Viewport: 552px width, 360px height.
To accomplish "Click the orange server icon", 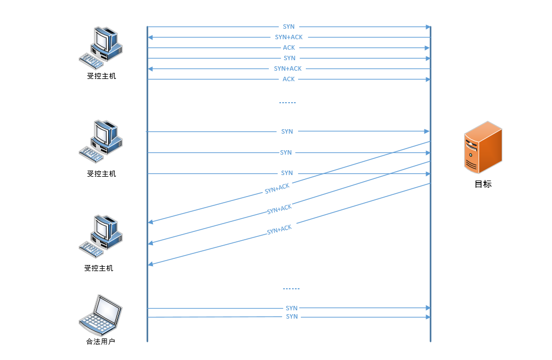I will click(482, 147).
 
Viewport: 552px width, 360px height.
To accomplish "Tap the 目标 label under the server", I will click(483, 184).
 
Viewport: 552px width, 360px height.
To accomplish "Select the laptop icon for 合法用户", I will click(100, 314).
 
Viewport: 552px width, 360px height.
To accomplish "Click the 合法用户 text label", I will click(100, 342).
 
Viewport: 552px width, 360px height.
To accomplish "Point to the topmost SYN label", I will click(289, 27).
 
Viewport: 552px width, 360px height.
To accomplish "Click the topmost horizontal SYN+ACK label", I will click(289, 37).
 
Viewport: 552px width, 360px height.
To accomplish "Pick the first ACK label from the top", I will click(289, 47).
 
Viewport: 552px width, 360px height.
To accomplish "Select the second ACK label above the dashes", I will click(289, 79).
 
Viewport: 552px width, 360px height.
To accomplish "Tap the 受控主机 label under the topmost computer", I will click(102, 76).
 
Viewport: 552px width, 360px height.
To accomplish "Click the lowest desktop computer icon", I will click(100, 235).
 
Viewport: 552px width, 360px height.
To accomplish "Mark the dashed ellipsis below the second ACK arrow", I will click(288, 103).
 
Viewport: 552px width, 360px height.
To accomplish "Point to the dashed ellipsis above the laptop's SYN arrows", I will click(291, 289).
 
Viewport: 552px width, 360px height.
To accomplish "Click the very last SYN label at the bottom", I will click(292, 316).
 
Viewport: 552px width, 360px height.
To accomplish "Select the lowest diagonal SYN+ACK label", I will click(279, 230).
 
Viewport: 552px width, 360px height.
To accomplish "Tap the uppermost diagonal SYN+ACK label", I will click(277, 189).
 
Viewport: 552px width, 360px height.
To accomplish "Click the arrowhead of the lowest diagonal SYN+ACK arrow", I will click(150, 264).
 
